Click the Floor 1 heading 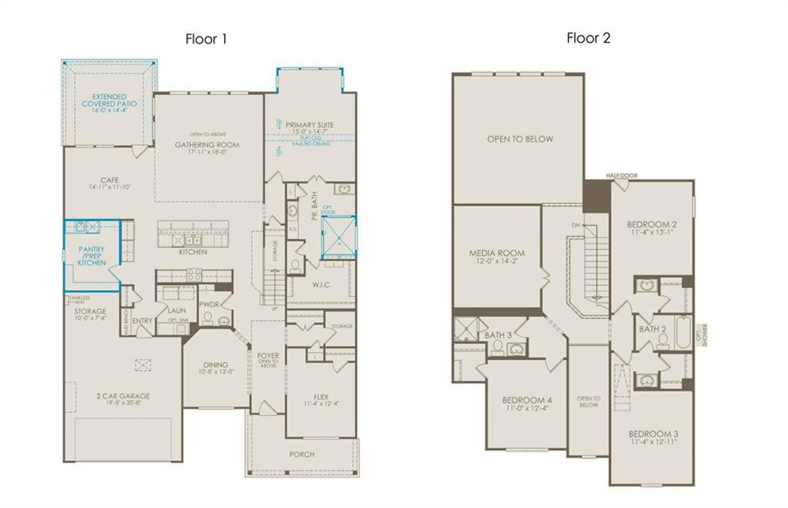point(206,39)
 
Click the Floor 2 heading point(588,38)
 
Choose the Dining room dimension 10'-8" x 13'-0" point(215,372)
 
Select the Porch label point(302,454)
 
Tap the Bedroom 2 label point(651,224)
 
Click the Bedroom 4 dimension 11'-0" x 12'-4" point(526,408)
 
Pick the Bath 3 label point(498,334)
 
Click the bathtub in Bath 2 point(683,333)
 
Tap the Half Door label point(621,175)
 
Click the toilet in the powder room point(207,318)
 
